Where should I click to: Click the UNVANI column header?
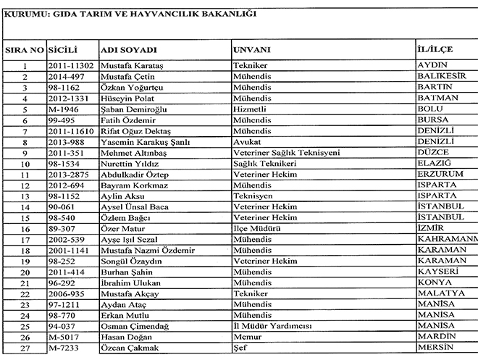click(251, 50)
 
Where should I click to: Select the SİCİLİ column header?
click(63, 50)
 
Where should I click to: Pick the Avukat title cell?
click(247, 142)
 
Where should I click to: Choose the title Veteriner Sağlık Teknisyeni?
click(282, 153)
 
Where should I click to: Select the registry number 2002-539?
click(69, 239)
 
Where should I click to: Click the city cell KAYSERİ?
click(440, 271)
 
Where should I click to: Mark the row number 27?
click(24, 348)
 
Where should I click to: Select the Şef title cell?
click(239, 348)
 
